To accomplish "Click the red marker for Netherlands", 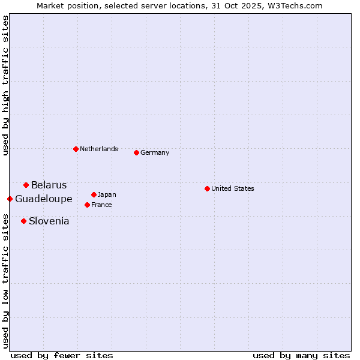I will click(76, 149).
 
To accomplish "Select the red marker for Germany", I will click(136, 152).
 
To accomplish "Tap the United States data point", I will click(207, 188).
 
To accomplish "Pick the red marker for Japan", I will click(94, 194).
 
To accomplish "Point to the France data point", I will click(87, 205).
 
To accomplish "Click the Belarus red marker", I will click(26, 185).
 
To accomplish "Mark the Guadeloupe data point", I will click(10, 199).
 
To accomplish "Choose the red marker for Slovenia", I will click(23, 221).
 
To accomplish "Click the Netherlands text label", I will click(99, 149).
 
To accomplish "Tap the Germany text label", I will click(155, 152).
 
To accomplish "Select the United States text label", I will click(233, 188).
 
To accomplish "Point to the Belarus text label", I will click(49, 185).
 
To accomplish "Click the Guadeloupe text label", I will click(44, 199).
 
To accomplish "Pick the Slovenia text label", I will click(49, 221).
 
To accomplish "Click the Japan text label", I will click(107, 194).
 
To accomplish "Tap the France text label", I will click(102, 205).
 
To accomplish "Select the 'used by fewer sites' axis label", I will click(62, 355).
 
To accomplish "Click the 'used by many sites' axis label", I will click(301, 355).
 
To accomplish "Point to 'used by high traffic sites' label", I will click(5, 85).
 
